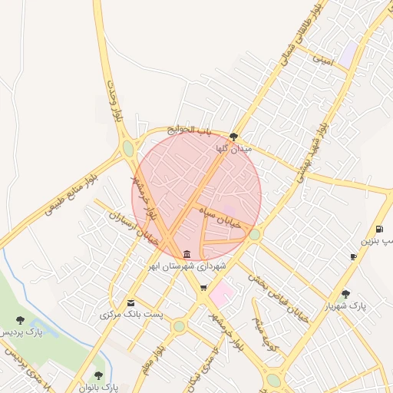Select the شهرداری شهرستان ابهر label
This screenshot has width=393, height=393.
pyautogui.click(x=188, y=266)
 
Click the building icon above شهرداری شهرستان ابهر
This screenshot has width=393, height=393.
pyautogui.click(x=188, y=254)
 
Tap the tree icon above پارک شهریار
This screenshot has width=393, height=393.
pyautogui.click(x=345, y=293)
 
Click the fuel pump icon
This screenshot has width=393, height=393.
pyautogui.click(x=380, y=230)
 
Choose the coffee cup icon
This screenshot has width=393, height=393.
pyautogui.click(x=353, y=256)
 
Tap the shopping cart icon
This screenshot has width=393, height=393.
pyautogui.click(x=203, y=289)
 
